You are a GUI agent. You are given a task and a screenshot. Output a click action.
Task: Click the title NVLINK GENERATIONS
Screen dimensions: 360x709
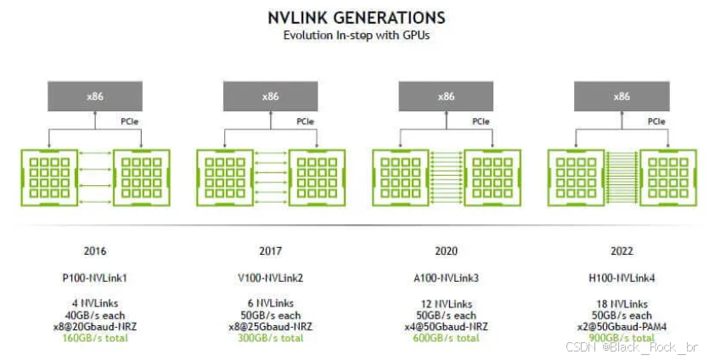point(356,18)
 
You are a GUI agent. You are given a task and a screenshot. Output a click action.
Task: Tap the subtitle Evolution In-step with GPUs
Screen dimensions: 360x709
point(356,35)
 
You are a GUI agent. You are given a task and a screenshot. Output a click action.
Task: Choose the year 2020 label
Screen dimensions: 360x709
point(447,251)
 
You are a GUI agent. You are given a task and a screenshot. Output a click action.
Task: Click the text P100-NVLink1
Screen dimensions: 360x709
point(94,277)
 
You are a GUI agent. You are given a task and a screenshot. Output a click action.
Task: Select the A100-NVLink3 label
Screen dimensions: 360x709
point(447,277)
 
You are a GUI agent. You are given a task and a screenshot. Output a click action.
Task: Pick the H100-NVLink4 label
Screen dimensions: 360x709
point(622,277)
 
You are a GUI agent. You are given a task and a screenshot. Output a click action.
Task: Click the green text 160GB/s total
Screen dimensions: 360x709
point(94,338)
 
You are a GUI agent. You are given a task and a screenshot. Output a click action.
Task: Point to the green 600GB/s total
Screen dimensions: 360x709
point(447,338)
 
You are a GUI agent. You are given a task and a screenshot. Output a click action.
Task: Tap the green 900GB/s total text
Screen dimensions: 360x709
point(622,338)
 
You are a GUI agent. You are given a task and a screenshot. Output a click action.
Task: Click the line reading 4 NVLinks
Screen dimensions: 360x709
point(94,302)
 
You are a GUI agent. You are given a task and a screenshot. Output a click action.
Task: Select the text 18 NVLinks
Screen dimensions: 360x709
point(622,302)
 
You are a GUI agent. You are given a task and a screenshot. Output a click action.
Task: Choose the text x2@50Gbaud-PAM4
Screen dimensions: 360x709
point(622,326)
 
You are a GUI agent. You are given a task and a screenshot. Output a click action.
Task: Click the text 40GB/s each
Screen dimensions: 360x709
point(94,314)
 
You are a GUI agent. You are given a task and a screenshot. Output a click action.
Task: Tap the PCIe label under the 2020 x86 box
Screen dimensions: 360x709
point(482,121)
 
